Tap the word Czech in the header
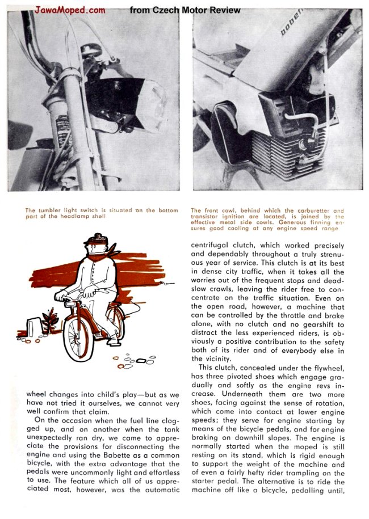tap(165, 10)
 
